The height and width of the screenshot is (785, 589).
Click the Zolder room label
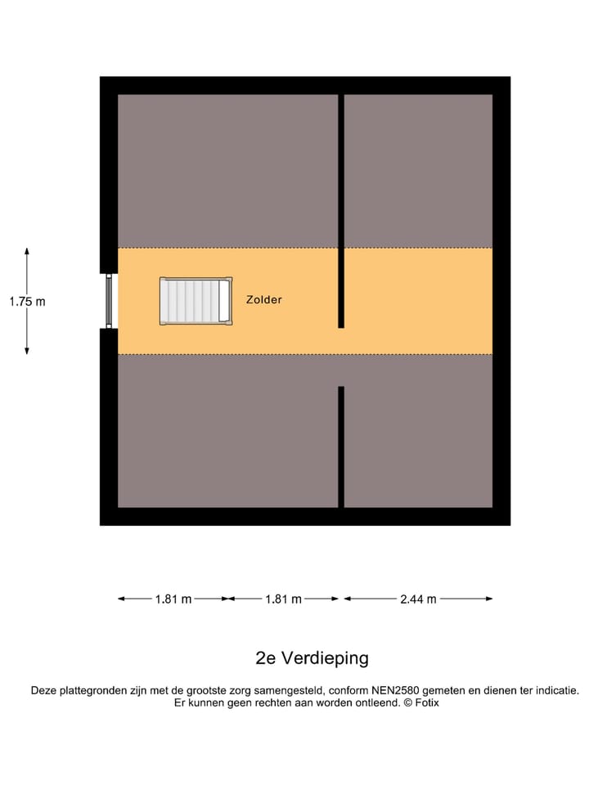[x=263, y=300]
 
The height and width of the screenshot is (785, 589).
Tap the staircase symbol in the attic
[x=196, y=301]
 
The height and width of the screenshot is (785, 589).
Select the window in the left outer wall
[x=109, y=301]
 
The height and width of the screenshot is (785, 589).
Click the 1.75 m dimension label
[x=27, y=301]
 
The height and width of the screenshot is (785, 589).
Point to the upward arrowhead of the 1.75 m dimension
[x=27, y=251]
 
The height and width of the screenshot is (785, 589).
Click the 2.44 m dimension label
[x=418, y=599]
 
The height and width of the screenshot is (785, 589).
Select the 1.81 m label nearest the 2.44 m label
[x=283, y=599]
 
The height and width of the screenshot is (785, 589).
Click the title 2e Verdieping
[x=312, y=658]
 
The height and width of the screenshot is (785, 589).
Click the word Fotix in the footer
[x=426, y=702]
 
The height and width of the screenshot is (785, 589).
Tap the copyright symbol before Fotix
[x=407, y=702]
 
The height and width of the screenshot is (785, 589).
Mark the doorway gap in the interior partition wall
[x=341, y=357]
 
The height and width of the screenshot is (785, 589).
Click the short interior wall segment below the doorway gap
[x=341, y=446]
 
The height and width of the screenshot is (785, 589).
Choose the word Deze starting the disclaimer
[x=44, y=690]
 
